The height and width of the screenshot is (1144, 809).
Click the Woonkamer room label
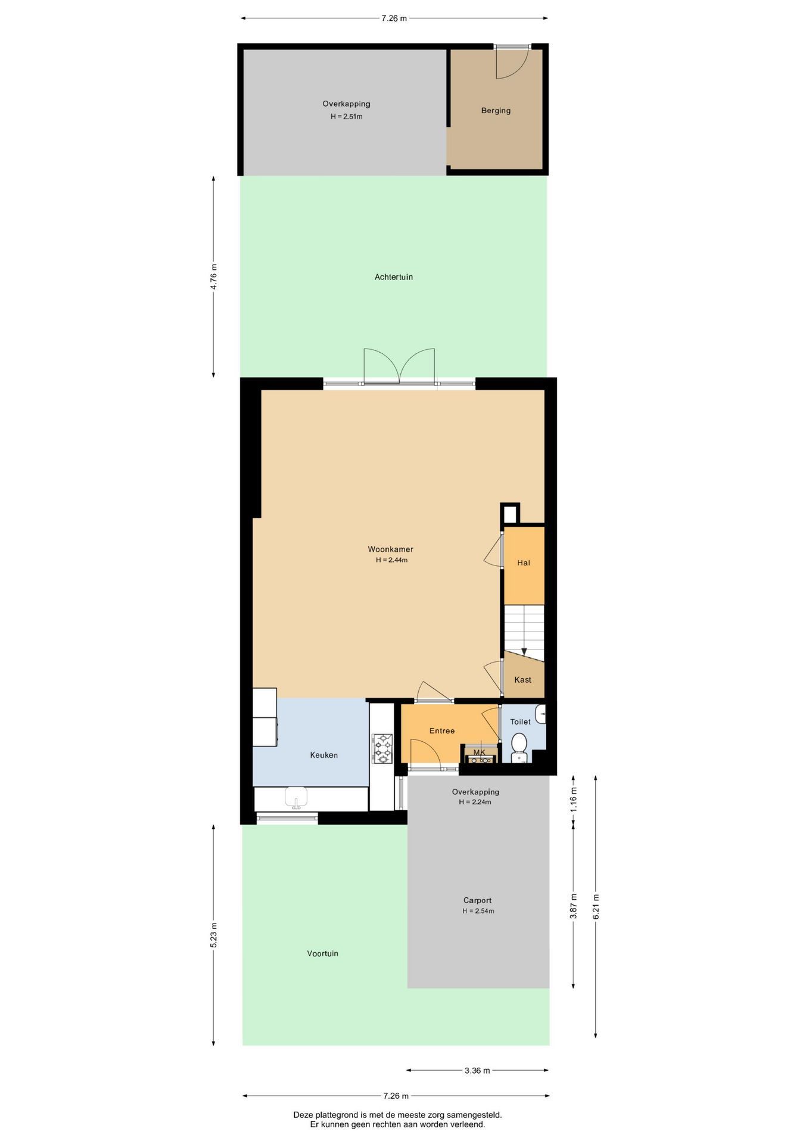click(x=390, y=549)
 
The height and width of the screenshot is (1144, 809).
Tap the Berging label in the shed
click(x=496, y=110)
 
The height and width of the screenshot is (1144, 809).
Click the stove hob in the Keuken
click(x=382, y=748)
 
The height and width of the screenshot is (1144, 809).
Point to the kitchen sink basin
click(x=295, y=797)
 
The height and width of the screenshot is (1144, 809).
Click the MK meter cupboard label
click(x=480, y=753)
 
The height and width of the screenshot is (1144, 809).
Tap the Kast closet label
click(x=522, y=680)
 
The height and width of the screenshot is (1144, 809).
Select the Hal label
click(x=524, y=562)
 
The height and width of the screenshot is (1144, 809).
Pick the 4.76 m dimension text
click(x=214, y=276)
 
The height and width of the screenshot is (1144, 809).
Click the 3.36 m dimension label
click(x=477, y=1070)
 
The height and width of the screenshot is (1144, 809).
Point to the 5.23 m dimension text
click(x=214, y=935)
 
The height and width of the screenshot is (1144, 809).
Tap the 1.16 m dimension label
click(x=574, y=799)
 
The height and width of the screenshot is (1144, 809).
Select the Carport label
click(x=477, y=900)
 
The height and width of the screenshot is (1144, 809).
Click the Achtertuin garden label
click(x=394, y=277)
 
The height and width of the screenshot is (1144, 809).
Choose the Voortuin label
click(x=322, y=953)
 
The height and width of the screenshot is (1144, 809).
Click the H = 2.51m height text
click(x=347, y=117)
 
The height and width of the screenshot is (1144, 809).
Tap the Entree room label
click(x=442, y=731)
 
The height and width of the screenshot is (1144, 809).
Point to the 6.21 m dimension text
click(x=596, y=906)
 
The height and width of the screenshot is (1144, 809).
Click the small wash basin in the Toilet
click(x=540, y=714)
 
